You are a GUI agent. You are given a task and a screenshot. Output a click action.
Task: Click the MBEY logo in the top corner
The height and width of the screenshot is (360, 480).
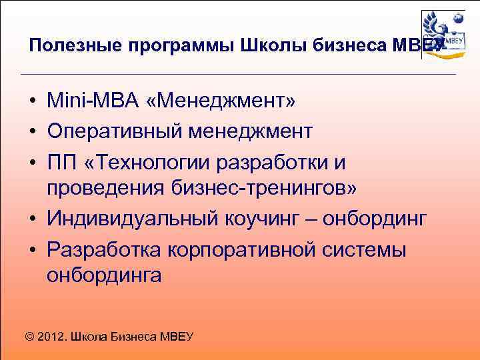click(443, 35)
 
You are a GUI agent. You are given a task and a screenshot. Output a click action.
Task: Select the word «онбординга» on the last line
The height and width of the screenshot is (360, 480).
click(104, 275)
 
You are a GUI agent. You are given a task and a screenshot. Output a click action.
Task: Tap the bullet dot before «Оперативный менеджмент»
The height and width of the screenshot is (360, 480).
click(31, 131)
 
